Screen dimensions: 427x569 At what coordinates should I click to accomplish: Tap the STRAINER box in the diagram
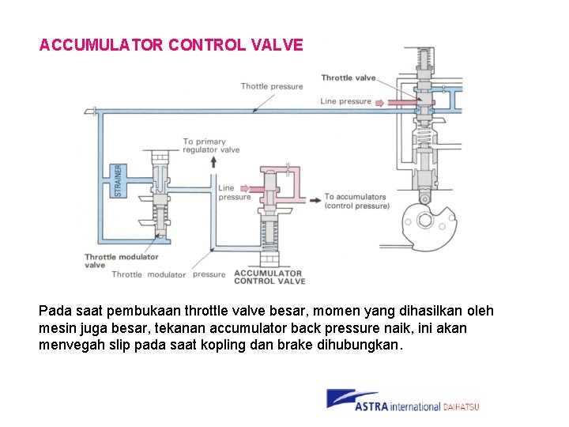(x=119, y=181)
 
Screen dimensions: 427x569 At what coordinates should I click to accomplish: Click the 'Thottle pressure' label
(x=271, y=86)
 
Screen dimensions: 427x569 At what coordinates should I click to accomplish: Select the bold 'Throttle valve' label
(x=348, y=77)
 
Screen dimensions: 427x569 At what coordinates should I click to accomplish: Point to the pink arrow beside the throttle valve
(x=379, y=102)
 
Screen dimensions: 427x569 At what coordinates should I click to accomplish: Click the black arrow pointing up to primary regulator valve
(x=213, y=162)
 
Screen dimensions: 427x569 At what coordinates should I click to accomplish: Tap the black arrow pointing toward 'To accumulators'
(x=315, y=200)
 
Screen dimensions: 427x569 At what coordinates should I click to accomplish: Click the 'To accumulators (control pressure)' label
(x=356, y=202)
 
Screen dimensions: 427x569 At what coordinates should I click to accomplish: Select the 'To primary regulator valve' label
(x=211, y=145)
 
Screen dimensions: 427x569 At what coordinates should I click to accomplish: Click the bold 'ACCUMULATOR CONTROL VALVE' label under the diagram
(x=269, y=277)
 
